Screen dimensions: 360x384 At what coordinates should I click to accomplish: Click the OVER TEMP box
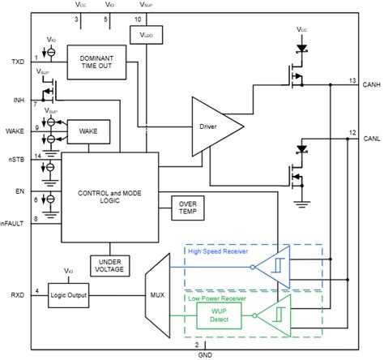(x=188, y=208)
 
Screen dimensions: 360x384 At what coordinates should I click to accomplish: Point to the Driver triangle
(x=212, y=126)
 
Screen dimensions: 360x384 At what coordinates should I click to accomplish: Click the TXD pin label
(x=19, y=62)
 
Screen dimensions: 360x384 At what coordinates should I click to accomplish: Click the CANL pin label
(x=371, y=138)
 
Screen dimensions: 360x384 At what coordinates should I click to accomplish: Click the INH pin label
(x=19, y=100)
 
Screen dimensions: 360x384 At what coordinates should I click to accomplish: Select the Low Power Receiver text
(x=220, y=298)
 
